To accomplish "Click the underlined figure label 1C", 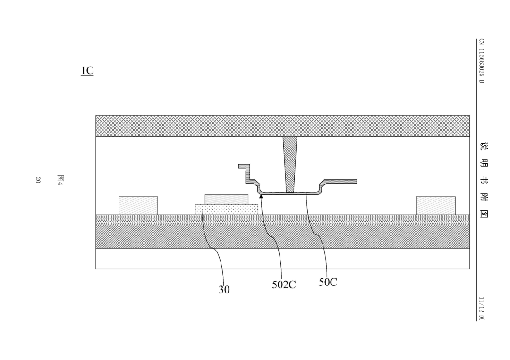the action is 87,70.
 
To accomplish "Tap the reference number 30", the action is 224,290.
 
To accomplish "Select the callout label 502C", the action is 284,285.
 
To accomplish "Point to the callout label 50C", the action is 328,282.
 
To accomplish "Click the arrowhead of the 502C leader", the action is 261,196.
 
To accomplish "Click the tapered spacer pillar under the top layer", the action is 290,164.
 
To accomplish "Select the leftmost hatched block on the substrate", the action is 138,205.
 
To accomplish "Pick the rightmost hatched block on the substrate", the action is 436,205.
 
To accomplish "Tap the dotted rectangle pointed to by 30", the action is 227,209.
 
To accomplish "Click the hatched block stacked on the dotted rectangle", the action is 227,199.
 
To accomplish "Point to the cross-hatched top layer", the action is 283,126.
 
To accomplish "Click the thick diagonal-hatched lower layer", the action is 283,237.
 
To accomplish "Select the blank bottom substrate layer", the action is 283,259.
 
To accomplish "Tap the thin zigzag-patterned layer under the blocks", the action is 283,220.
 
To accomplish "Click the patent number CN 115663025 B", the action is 481,61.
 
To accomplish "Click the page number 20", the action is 38,180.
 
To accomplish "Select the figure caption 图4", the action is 60,180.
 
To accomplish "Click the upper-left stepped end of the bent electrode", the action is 244,166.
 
